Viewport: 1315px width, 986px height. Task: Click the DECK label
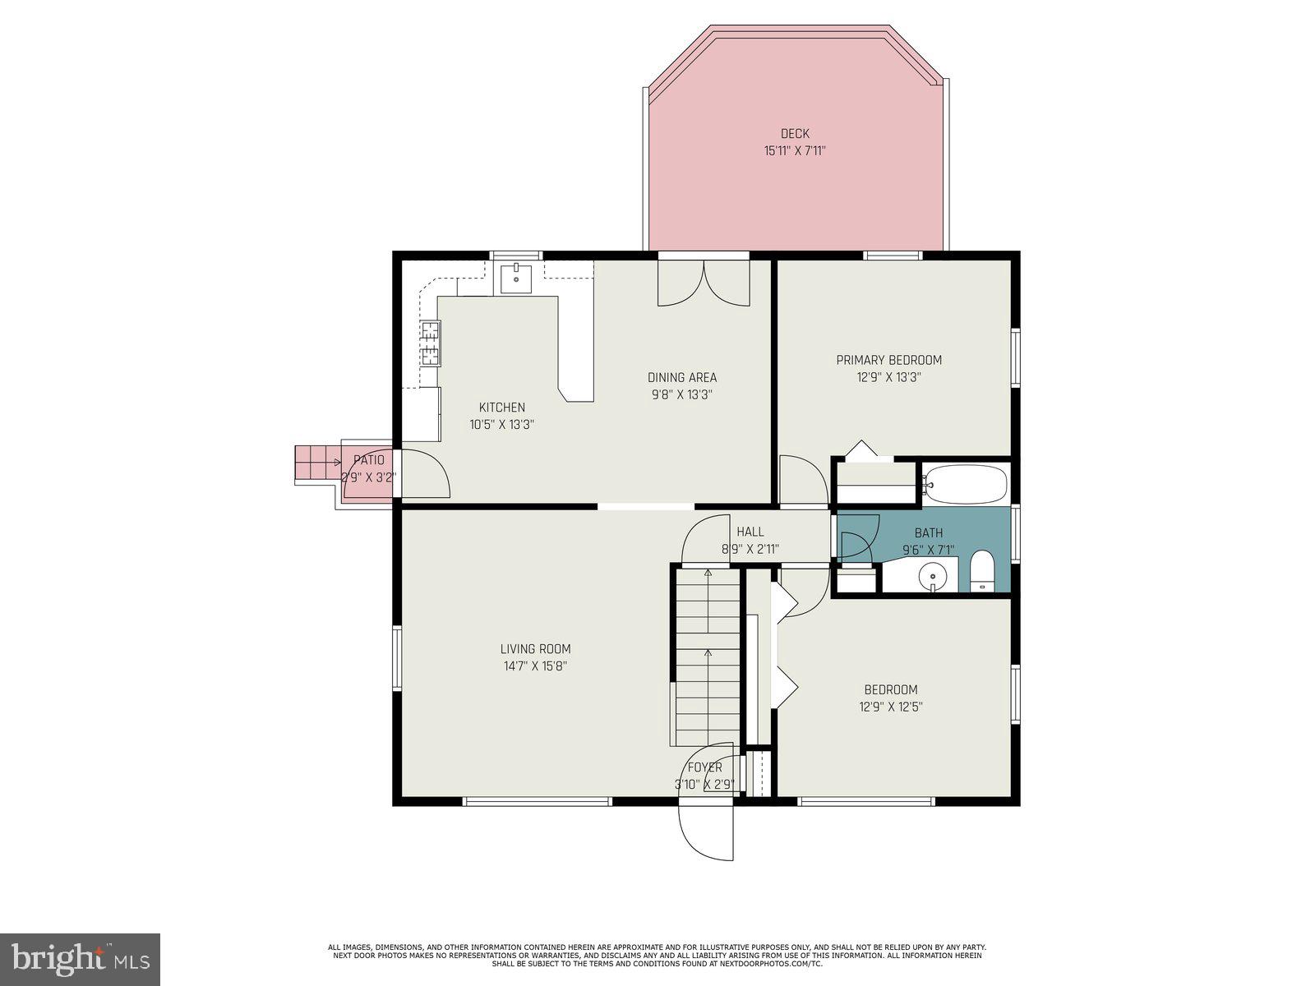(795, 133)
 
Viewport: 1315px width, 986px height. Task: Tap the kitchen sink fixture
(516, 279)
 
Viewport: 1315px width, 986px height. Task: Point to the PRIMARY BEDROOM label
(888, 360)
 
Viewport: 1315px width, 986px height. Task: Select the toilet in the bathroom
(982, 572)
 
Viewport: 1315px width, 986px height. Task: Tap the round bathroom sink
(933, 577)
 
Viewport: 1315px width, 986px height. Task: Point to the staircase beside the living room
(708, 657)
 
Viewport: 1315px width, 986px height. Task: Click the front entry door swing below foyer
(705, 830)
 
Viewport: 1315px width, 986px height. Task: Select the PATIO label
(369, 460)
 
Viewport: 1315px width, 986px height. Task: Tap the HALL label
(750, 532)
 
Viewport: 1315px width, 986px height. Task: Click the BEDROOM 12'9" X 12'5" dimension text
(890, 707)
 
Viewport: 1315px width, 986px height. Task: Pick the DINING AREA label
(681, 377)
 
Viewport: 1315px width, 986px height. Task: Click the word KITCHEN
(501, 407)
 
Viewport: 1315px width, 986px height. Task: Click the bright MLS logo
(81, 959)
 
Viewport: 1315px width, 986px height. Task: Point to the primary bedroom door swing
(802, 481)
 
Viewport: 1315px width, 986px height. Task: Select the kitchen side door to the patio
(424, 474)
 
